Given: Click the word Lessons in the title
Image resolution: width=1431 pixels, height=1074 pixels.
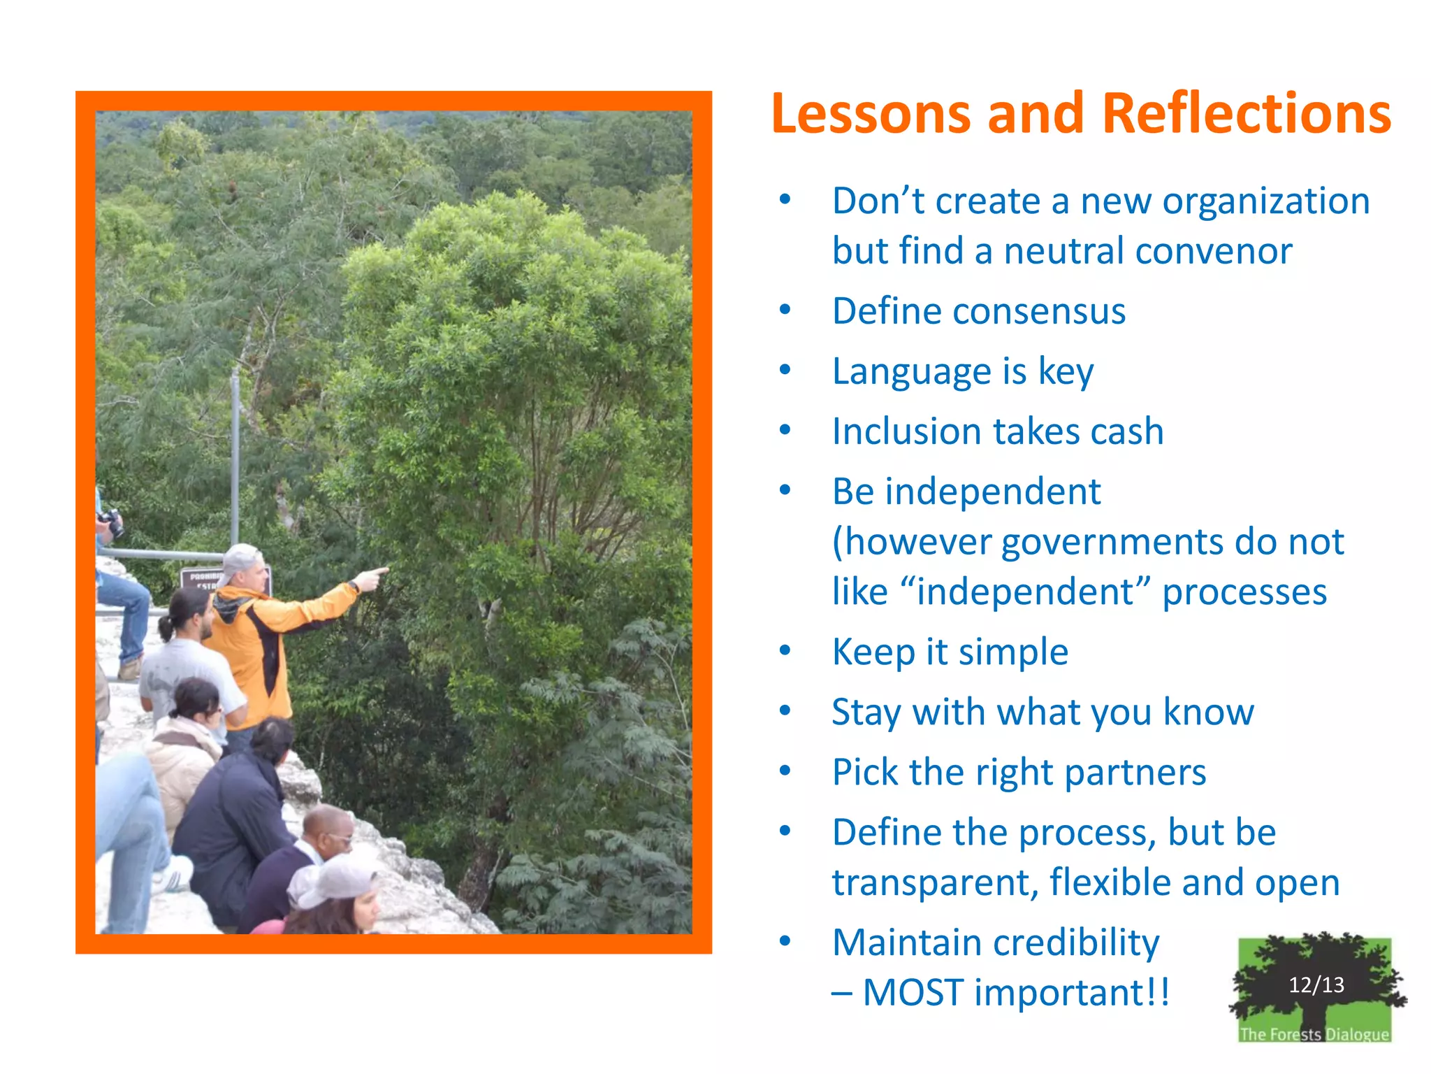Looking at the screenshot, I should (x=871, y=114).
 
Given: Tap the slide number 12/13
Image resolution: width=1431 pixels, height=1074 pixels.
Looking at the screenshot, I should (x=1316, y=984).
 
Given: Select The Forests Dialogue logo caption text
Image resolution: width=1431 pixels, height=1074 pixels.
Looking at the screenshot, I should (x=1314, y=1033).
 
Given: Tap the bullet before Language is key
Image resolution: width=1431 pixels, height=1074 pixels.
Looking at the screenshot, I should (x=785, y=370).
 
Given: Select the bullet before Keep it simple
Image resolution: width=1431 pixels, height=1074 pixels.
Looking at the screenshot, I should (x=785, y=651).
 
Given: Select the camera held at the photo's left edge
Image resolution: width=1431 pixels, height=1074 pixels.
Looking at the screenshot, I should (x=112, y=522).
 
